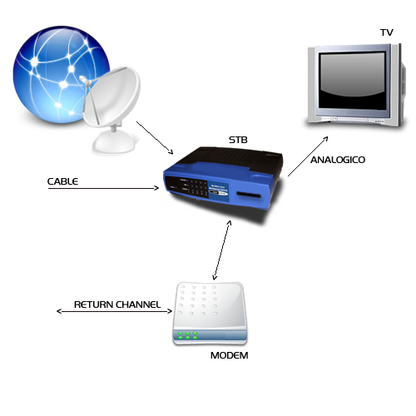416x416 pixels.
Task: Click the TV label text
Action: pyautogui.click(x=387, y=32)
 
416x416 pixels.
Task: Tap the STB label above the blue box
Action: pyautogui.click(x=238, y=140)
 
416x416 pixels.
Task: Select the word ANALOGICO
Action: pyautogui.click(x=338, y=160)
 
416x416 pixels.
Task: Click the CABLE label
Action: pyautogui.click(x=62, y=181)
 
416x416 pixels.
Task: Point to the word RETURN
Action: pyautogui.click(x=93, y=305)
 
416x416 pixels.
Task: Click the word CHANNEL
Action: pyautogui.click(x=138, y=305)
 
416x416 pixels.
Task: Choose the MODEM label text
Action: pyautogui.click(x=230, y=355)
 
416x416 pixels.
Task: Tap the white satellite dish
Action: pyautogui.click(x=111, y=108)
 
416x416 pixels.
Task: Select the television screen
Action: pyautogui.click(x=352, y=81)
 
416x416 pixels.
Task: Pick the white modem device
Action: pyautogui.click(x=210, y=314)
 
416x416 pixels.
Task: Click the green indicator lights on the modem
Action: pyautogui.click(x=188, y=335)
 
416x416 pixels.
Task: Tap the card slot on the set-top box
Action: pyautogui.click(x=249, y=195)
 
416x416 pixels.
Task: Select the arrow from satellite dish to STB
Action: pyautogui.click(x=155, y=137)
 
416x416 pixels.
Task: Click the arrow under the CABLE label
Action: pyautogui.click(x=103, y=188)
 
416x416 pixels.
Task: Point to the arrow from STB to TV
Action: pyautogui.click(x=308, y=156)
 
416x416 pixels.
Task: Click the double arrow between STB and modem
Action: pyautogui.click(x=222, y=250)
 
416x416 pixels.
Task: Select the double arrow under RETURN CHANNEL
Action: pyautogui.click(x=114, y=311)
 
